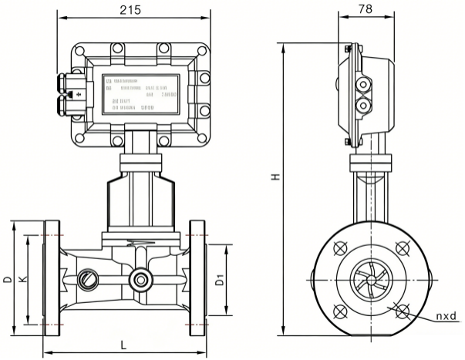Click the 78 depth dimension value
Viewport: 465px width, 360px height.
coord(366,10)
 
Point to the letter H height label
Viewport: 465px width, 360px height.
coord(275,177)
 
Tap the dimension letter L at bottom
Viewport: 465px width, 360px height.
coord(123,344)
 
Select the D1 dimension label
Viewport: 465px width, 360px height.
coord(219,281)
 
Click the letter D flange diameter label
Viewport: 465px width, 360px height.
coord(8,279)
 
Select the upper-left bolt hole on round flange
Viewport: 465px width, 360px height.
coord(339,248)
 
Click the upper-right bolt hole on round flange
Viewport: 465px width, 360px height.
coord(401,248)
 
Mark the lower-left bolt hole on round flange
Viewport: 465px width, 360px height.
coord(339,310)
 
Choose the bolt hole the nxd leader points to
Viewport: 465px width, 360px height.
coord(401,310)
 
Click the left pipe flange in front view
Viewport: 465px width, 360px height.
coord(52,281)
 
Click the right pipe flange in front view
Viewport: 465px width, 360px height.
coord(197,281)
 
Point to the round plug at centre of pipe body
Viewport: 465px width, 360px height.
coord(140,279)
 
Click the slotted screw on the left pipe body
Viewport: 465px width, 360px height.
coord(86,278)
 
